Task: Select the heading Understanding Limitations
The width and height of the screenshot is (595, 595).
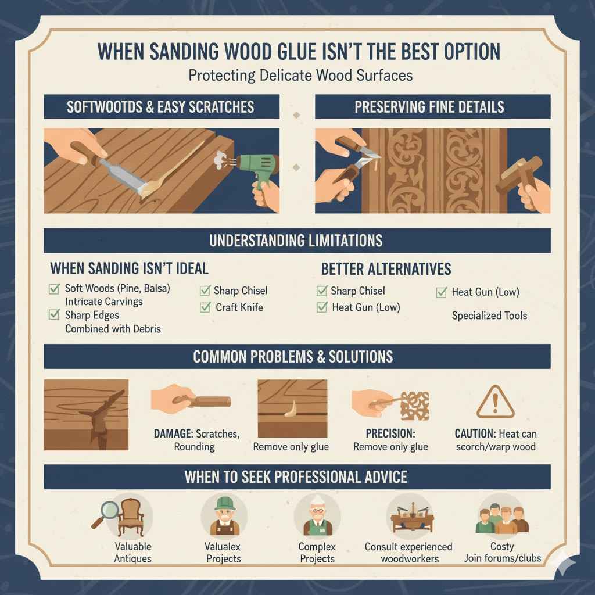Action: [x=296, y=241]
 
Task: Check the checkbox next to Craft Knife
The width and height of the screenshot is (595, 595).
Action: [x=205, y=307]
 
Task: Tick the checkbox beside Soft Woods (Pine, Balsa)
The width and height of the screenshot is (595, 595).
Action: [x=55, y=288]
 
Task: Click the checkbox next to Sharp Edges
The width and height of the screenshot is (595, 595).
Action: [x=55, y=315]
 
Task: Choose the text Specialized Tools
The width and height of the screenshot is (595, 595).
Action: [x=489, y=316]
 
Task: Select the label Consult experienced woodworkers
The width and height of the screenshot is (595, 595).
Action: [x=408, y=553]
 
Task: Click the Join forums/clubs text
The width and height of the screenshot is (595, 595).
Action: [x=502, y=558]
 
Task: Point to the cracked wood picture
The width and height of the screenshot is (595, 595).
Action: [x=86, y=415]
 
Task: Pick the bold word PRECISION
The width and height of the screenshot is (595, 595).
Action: [x=390, y=433]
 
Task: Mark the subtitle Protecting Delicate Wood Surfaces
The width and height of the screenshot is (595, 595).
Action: [x=297, y=76]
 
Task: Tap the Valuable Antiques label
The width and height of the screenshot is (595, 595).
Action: [x=132, y=553]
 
